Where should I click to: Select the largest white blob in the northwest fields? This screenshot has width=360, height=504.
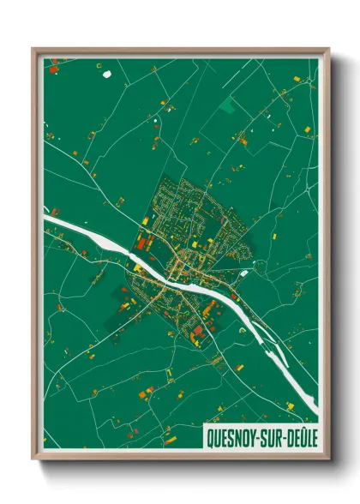pos(107,74)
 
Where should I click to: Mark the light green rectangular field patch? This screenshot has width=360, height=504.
pos(229,106)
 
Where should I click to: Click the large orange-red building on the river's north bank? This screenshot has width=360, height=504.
pos(141,243)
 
